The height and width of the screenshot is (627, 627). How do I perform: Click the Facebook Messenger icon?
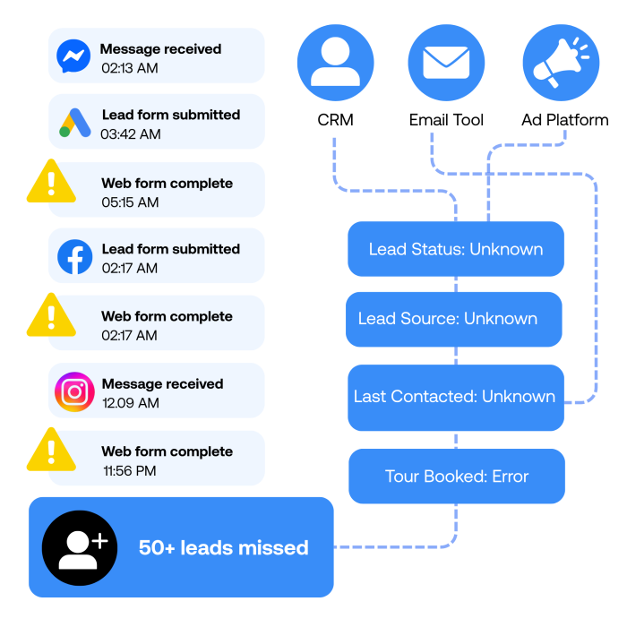point(73,56)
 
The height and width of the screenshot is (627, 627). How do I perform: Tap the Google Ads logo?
point(75,123)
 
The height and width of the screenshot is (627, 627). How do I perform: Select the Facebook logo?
point(74,257)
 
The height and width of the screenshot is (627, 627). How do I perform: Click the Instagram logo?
point(74,392)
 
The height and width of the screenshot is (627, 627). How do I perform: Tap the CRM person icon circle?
point(336,63)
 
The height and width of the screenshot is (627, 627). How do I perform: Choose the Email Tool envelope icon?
point(446,63)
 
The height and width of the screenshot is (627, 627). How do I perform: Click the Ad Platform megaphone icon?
point(561,63)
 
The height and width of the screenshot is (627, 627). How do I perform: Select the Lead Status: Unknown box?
point(456,249)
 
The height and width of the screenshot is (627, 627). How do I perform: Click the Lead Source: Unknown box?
point(454,319)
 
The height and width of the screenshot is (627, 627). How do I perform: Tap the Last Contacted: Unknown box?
point(456,398)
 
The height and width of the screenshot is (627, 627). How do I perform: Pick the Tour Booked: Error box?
point(457,476)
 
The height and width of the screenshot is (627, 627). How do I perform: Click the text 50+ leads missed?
point(224,548)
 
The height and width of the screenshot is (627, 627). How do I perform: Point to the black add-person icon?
point(80,548)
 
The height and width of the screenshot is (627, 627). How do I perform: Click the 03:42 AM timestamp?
point(131,134)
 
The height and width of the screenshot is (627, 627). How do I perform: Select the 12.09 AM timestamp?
point(131,403)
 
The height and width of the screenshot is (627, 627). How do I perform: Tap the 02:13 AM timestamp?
point(130,68)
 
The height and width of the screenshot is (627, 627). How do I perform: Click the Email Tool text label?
point(446,120)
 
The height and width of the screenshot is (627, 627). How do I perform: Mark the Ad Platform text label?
point(565,120)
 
